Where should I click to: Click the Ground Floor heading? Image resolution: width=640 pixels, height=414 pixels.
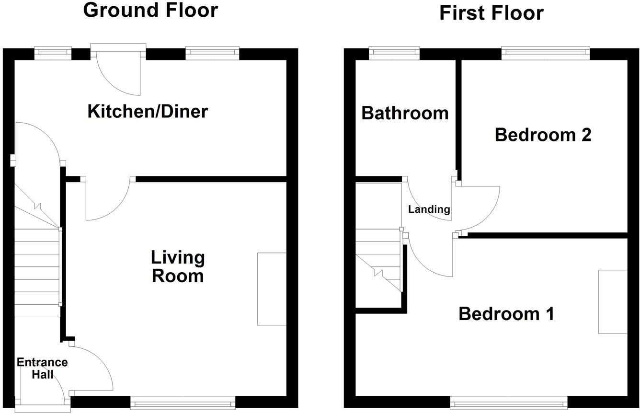(x=150, y=10)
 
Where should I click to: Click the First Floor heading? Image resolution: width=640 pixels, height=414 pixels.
(x=491, y=13)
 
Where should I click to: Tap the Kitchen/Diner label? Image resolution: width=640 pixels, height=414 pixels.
(x=148, y=111)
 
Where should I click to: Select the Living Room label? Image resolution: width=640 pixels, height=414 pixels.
(x=177, y=266)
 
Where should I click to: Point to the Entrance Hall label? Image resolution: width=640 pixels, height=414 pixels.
(x=42, y=368)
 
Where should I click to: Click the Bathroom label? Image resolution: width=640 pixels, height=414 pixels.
(x=405, y=113)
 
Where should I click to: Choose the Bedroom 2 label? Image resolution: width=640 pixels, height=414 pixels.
(x=543, y=135)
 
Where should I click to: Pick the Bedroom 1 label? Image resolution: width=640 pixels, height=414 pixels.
(x=506, y=314)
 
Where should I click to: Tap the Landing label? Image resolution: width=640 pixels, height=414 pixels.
(x=429, y=209)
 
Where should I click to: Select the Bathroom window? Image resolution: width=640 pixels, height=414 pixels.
(x=394, y=53)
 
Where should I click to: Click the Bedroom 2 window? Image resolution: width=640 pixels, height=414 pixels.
(x=545, y=53)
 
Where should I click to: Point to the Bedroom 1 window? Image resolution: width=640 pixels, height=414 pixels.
(x=509, y=402)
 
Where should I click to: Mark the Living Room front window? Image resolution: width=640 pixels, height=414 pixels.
(x=183, y=402)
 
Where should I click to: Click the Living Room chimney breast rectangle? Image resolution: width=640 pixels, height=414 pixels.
(x=272, y=289)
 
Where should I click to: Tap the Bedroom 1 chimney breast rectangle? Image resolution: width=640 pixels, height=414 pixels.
(x=612, y=301)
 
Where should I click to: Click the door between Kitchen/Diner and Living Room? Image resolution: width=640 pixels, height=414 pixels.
(x=108, y=200)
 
